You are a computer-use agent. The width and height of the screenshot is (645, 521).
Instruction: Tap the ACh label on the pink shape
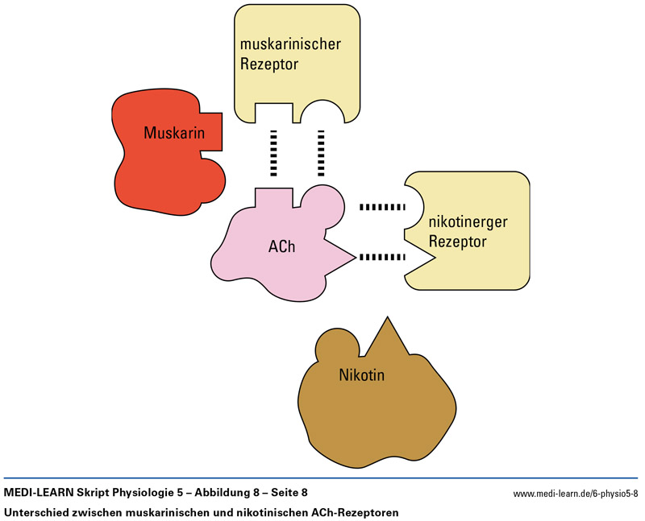281,246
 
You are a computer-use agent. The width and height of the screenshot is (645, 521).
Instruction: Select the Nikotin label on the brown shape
362,374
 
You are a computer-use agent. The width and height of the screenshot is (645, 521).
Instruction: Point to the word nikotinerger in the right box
468,222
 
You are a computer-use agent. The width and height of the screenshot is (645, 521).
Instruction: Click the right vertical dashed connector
320,152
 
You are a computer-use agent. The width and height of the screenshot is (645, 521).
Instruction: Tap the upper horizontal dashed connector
382,208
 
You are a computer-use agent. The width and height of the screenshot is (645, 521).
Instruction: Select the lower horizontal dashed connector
382,258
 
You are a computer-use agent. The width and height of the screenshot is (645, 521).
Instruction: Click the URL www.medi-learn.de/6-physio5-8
575,493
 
